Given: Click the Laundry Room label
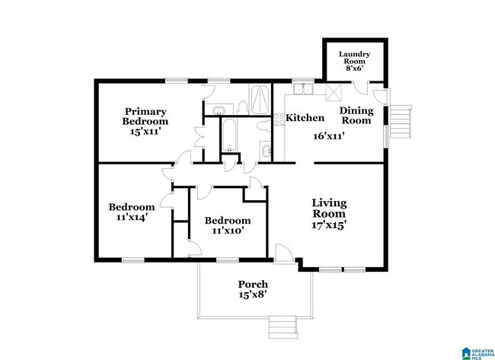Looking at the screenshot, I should point(354,59).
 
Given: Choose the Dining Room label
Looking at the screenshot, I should point(356,115).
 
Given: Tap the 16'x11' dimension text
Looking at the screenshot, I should point(331,138).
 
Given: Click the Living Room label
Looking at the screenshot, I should point(329,208).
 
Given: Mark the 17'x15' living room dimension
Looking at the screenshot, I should point(329,225).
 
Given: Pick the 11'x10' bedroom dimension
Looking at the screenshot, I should point(228,229).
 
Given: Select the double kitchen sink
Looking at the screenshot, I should point(306,89).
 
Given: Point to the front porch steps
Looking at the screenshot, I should point(282,327).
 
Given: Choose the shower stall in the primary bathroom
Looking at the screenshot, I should point(260,100).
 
